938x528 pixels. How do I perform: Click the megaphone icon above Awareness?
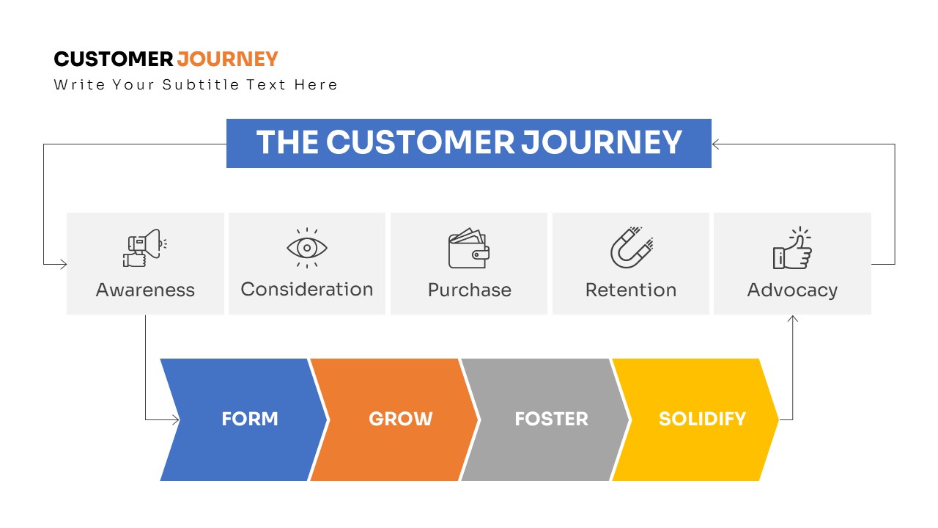point(144,248)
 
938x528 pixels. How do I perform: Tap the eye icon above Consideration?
point(307,248)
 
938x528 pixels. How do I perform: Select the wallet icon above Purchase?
point(468,248)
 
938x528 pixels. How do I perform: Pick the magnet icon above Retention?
point(632,247)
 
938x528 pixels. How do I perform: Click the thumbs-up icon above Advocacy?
point(792,248)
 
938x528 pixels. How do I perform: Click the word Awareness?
point(145,290)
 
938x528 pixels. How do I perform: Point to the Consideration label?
point(307,289)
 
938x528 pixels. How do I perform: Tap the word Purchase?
point(470,290)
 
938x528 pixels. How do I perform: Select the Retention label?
point(631,290)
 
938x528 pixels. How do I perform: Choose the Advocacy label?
point(792,290)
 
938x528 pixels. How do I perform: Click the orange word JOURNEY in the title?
point(227,59)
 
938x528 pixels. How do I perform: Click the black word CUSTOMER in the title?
point(114,59)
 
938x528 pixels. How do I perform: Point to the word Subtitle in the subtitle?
point(201,84)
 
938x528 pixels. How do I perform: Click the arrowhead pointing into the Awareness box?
point(64,264)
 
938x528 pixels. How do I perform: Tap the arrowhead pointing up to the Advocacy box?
point(792,319)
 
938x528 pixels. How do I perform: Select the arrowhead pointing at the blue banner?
point(715,144)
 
